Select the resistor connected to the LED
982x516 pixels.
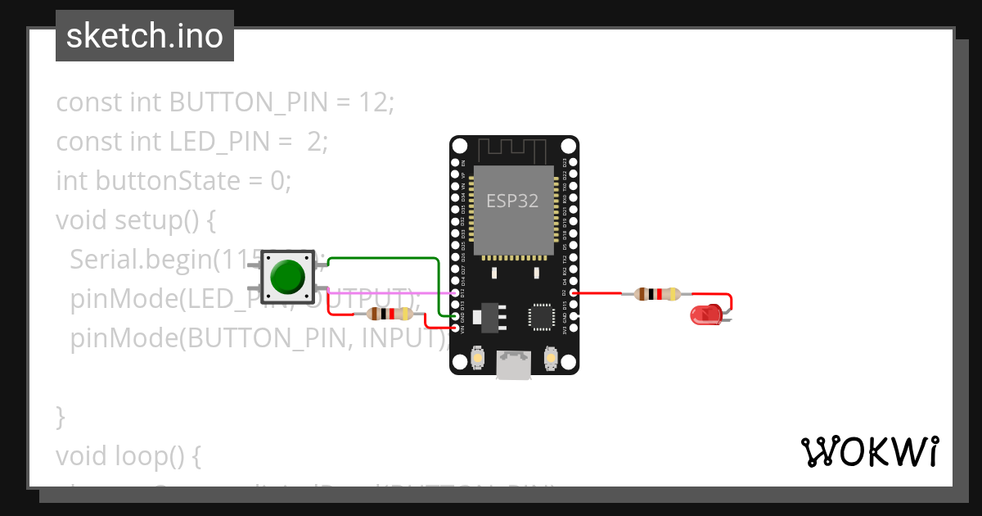[657, 293]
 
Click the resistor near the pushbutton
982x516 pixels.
[390, 314]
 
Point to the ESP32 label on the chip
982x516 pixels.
[512, 201]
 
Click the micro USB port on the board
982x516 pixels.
[514, 365]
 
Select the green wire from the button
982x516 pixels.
[385, 258]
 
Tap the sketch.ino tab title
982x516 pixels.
[145, 36]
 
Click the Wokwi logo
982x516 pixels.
[868, 451]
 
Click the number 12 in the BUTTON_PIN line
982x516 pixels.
[374, 102]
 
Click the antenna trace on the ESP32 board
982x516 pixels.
[512, 150]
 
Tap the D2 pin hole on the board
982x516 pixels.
[573, 292]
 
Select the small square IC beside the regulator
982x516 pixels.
[541, 317]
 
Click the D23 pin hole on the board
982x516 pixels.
[573, 163]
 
